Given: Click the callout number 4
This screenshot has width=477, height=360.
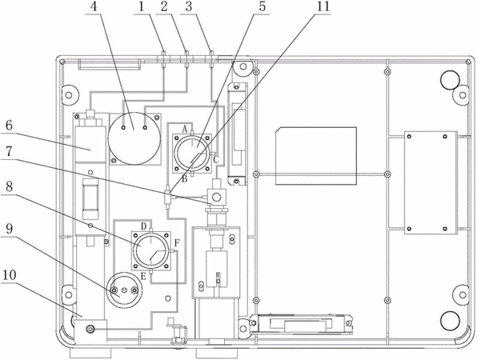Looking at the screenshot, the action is pos(94,6).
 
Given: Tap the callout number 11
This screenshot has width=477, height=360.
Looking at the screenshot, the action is pos(323,6).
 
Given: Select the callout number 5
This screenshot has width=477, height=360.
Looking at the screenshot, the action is pos(263,6).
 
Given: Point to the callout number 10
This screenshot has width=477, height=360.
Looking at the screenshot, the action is pos(10,275).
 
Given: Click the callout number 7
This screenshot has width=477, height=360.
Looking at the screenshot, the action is pos(9,151).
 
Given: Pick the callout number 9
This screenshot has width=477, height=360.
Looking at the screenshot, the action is pos(9,228).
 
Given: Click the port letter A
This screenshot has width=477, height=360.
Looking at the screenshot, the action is pos(185,130).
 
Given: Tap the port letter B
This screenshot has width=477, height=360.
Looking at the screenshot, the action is pos(184,179).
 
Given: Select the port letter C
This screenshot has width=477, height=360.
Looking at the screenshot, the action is pos(215,159).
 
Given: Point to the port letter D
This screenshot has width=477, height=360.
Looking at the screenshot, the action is pos(144,226).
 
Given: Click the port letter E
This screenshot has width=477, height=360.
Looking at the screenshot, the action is pos(143,276).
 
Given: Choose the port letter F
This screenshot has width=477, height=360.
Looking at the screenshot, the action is pos(177,243).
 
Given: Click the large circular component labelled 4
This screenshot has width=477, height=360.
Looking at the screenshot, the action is pos(134,138).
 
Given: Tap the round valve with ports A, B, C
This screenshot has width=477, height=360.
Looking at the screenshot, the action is pos(192,153).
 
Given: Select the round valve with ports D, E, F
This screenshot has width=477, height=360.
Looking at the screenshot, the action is pos(151,250).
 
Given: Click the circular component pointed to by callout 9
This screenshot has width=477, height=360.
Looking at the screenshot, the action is pos(124,290).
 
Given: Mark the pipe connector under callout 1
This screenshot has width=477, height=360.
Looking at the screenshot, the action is pos(163,58).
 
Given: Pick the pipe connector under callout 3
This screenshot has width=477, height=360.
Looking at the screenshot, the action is pos(210,58).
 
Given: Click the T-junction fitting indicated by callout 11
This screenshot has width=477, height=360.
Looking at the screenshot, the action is pos(167,197).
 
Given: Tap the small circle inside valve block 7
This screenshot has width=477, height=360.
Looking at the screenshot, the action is pos(216,198).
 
